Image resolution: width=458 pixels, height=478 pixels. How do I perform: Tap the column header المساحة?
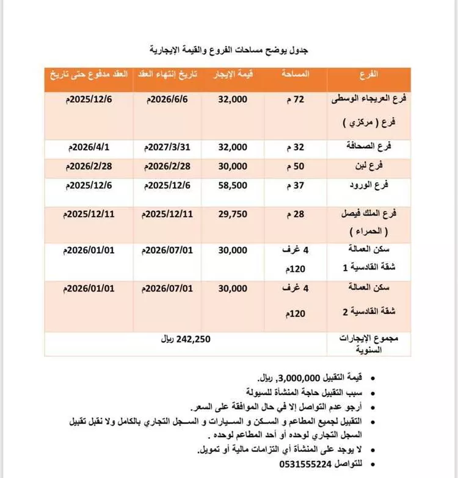click(296, 75)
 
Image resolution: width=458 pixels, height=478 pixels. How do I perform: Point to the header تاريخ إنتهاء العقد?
click(167, 75)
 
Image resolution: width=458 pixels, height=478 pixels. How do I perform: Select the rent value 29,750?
click(233, 214)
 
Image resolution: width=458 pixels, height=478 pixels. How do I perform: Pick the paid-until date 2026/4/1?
click(89, 147)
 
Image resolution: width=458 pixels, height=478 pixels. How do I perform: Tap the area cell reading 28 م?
click(296, 214)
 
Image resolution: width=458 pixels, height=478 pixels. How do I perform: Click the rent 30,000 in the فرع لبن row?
click(233, 166)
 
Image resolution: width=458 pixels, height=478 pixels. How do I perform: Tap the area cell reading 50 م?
click(296, 166)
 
